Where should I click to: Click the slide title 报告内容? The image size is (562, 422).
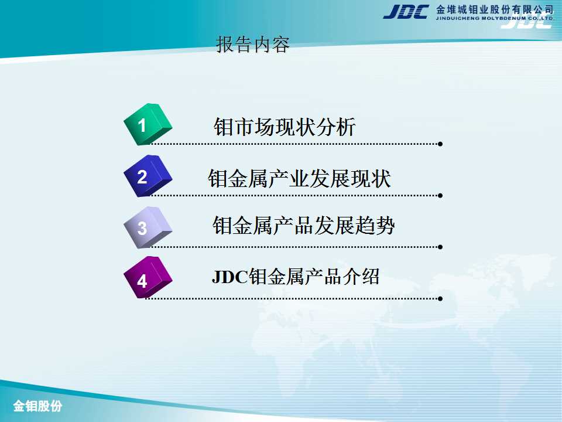click(253, 45)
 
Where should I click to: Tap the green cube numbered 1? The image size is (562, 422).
click(148, 124)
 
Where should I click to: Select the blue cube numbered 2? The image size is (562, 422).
click(148, 176)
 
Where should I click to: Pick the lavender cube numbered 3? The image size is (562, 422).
click(148, 227)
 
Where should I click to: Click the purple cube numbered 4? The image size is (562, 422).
click(148, 277)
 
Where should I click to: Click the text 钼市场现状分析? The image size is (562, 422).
click(285, 127)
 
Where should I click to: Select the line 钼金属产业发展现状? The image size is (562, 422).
click(299, 178)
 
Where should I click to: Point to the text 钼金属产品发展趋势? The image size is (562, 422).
click(304, 225)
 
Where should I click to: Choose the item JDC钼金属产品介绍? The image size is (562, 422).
click(295, 277)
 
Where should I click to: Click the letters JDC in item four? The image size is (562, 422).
click(229, 277)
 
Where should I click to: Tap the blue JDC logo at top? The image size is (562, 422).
click(406, 12)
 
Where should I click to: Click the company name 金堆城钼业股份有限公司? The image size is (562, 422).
click(495, 9)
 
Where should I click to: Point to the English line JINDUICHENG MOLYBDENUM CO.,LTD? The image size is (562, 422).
click(495, 18)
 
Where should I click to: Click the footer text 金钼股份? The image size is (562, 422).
click(37, 406)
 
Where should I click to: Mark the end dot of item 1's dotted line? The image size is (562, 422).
click(440, 144)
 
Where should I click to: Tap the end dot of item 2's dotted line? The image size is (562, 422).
click(440, 196)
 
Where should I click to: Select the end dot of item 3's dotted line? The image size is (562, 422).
click(440, 247)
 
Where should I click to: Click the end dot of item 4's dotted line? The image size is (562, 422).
click(440, 298)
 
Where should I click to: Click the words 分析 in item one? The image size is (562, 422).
click(335, 127)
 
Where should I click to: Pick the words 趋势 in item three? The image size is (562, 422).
click(375, 225)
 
